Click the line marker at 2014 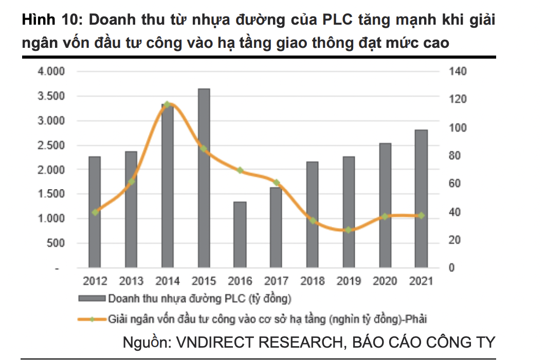[167, 104]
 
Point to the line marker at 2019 [349, 230]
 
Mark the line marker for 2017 [276, 183]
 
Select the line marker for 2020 [385, 217]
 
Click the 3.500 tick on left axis [51, 96]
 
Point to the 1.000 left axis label [51, 219]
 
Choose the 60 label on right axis [454, 184]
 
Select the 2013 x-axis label [131, 281]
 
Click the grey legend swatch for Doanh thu [92, 298]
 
